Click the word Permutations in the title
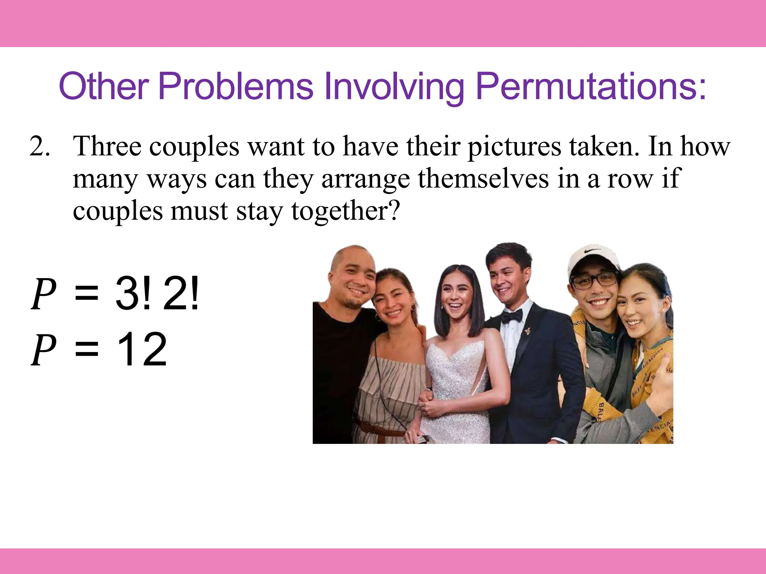click(591, 87)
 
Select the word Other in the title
click(104, 87)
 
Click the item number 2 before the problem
click(39, 146)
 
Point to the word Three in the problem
click(107, 146)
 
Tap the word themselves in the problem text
click(483, 179)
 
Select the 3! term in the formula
click(134, 294)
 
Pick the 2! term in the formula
click(181, 294)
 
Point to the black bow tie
click(511, 317)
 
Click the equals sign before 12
click(86, 350)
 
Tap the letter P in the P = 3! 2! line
click(43, 294)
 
